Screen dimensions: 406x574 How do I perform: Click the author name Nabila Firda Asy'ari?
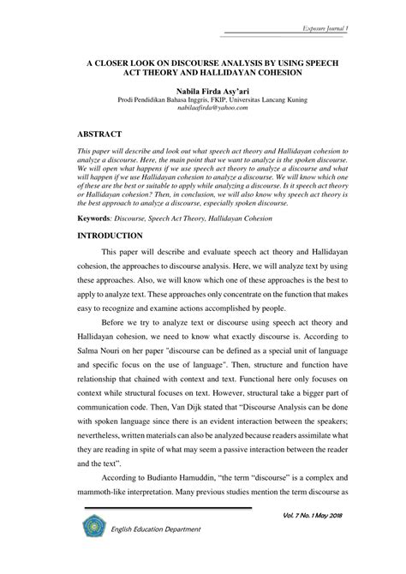click(203, 89)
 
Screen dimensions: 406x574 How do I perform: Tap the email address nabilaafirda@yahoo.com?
click(203, 109)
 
